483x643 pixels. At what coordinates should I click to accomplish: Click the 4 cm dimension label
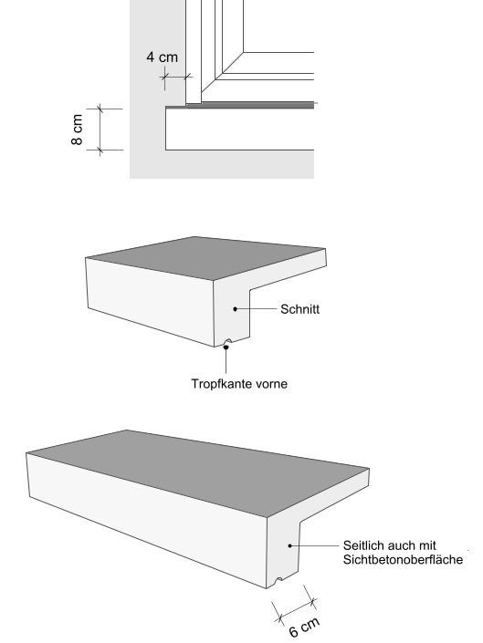pyautogui.click(x=163, y=57)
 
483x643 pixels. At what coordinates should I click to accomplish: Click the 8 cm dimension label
pyautogui.click(x=77, y=130)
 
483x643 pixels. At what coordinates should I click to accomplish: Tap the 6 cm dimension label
pyautogui.click(x=304, y=627)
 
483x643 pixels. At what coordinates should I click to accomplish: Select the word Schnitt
pyautogui.click(x=299, y=309)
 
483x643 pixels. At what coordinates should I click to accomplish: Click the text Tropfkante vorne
pyautogui.click(x=239, y=384)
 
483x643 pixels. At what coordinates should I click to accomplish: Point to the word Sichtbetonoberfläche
pyautogui.click(x=403, y=560)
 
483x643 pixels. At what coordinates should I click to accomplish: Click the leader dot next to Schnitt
pyautogui.click(x=236, y=309)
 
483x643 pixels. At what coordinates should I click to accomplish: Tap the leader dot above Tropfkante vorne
pyautogui.click(x=226, y=347)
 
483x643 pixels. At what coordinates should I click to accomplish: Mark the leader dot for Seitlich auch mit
pyautogui.click(x=289, y=545)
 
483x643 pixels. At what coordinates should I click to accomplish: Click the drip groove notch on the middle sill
pyautogui.click(x=227, y=341)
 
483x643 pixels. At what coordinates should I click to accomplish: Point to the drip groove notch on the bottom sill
pyautogui.click(x=279, y=580)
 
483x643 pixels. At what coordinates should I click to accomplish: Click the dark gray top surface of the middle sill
pyautogui.click(x=205, y=258)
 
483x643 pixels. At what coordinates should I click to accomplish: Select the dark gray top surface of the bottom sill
pyautogui.click(x=197, y=472)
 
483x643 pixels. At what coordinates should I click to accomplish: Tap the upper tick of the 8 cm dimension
pyautogui.click(x=100, y=109)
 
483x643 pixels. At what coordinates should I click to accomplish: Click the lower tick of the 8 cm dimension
pyautogui.click(x=100, y=150)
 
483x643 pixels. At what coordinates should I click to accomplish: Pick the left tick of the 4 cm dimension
pyautogui.click(x=165, y=77)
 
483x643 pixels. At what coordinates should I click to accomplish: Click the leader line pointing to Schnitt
pyautogui.click(x=257, y=309)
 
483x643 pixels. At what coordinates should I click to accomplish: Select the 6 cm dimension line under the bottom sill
pyautogui.click(x=298, y=610)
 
